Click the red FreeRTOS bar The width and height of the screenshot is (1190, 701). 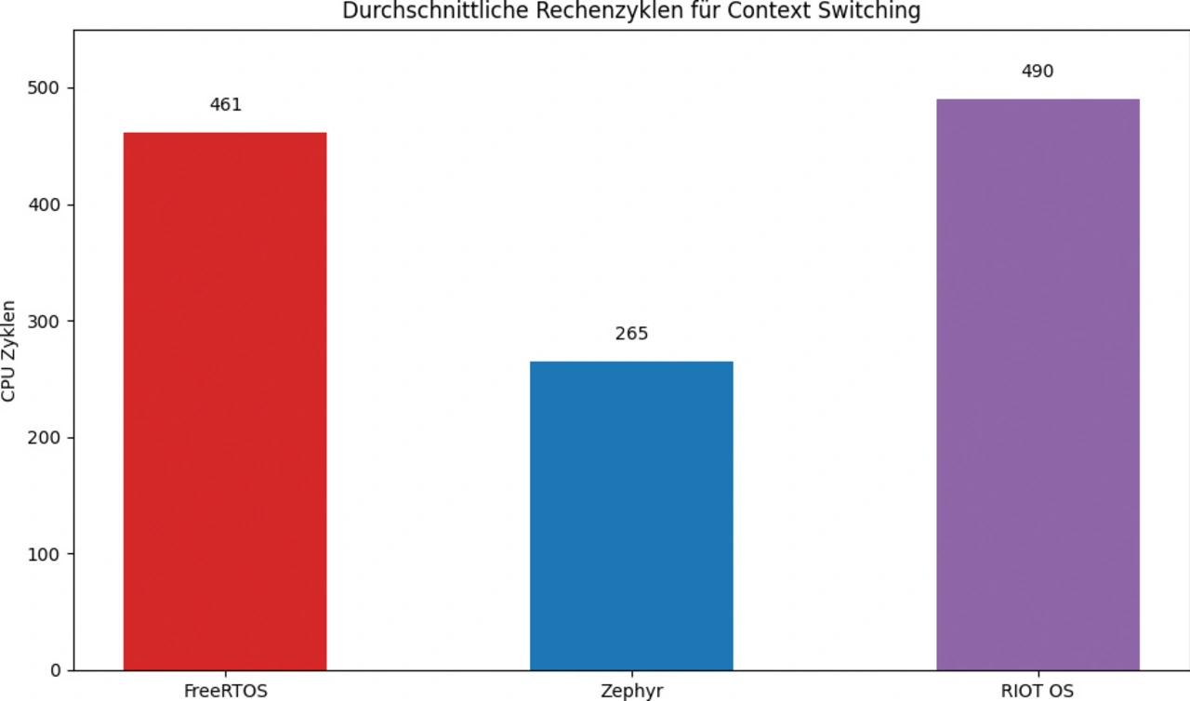(x=225, y=401)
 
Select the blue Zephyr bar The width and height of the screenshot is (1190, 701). (x=631, y=515)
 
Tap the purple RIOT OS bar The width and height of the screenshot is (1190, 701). (x=1038, y=384)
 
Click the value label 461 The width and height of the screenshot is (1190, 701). (x=225, y=105)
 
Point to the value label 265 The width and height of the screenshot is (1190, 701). (x=631, y=334)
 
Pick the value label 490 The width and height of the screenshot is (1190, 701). (x=1038, y=72)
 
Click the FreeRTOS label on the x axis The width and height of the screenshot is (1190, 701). (x=225, y=691)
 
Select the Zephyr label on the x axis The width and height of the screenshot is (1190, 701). (x=631, y=691)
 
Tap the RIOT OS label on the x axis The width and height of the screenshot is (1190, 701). (x=1038, y=691)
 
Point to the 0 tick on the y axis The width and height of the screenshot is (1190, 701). (x=56, y=670)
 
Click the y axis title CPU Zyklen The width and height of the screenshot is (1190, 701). (x=9, y=350)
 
